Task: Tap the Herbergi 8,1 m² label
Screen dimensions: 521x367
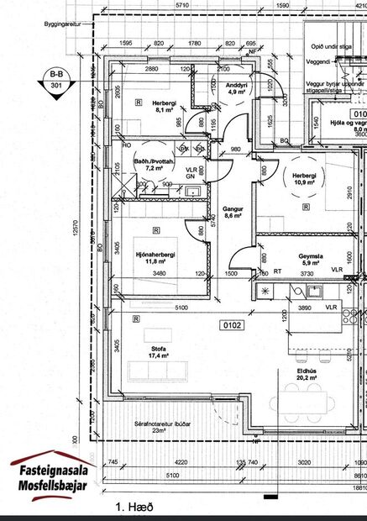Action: point(151,103)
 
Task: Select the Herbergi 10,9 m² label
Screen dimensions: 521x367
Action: point(304,179)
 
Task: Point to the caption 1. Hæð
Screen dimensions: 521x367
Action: point(134,508)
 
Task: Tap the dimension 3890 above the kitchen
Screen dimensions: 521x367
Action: point(312,309)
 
